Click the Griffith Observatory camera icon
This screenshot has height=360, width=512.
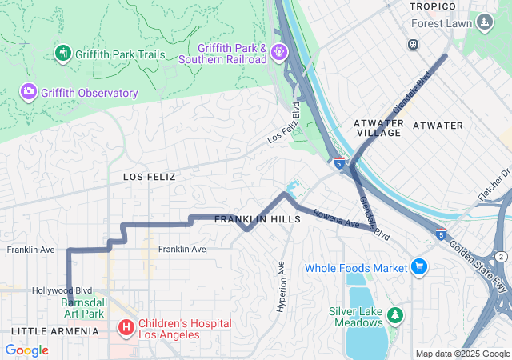pyautogui.click(x=29, y=93)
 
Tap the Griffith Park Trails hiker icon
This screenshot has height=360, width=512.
pyautogui.click(x=63, y=54)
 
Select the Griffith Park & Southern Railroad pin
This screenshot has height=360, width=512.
pyautogui.click(x=278, y=53)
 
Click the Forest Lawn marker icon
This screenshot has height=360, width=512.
pyautogui.click(x=484, y=22)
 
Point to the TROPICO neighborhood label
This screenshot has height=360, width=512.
pyautogui.click(x=432, y=6)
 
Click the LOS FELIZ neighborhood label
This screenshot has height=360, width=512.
pyautogui.click(x=149, y=176)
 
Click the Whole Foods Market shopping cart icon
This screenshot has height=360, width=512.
pyautogui.click(x=419, y=267)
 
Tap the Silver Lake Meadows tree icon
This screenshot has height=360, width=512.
pyautogui.click(x=394, y=315)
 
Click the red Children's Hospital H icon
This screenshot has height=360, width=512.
pyautogui.click(x=126, y=328)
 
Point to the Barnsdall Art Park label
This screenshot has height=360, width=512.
pyautogui.click(x=82, y=308)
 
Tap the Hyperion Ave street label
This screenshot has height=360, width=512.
pyautogui.click(x=281, y=280)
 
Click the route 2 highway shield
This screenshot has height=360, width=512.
pyautogui.click(x=501, y=256)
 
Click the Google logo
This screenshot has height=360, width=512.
pyautogui.click(x=26, y=350)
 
